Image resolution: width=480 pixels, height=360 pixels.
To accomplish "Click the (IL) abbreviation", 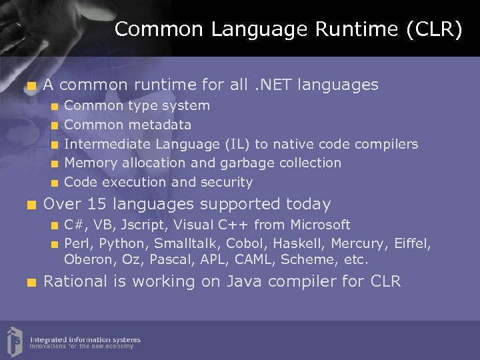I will pos(237,144).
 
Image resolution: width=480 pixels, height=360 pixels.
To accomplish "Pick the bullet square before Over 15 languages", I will pos(30,205).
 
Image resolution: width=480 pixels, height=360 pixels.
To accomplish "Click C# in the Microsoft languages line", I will pos(74,225).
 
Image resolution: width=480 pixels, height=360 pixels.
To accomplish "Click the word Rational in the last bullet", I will pos(75,281).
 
